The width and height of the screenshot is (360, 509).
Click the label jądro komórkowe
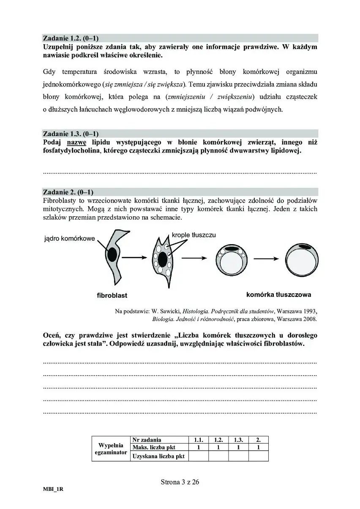click(69, 239)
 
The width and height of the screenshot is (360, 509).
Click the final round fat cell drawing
click(300, 257)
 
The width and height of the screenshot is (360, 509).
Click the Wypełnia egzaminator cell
click(111, 449)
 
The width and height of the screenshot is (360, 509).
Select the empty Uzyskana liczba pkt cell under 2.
click(258, 456)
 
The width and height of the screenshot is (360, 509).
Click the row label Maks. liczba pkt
click(154, 448)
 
